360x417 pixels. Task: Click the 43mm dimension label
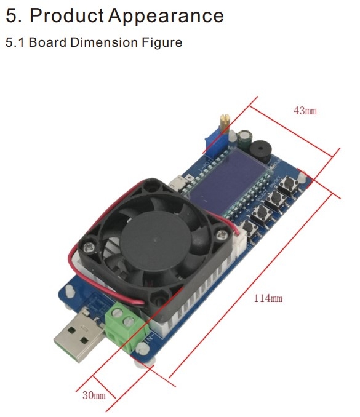tap(305, 110)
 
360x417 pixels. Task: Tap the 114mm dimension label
tap(268, 298)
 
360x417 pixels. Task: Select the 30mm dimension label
tap(94, 395)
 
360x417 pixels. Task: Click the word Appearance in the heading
tap(166, 17)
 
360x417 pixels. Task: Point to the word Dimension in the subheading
tap(104, 42)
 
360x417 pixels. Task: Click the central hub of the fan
tap(156, 240)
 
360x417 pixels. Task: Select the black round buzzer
tap(260, 151)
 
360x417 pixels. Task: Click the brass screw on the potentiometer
tap(225, 123)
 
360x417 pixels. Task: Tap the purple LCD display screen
tap(228, 181)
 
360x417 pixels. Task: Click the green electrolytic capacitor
tap(245, 139)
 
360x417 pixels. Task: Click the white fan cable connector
tap(238, 245)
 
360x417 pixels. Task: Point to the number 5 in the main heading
tap(12, 15)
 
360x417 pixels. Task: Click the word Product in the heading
tap(66, 15)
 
